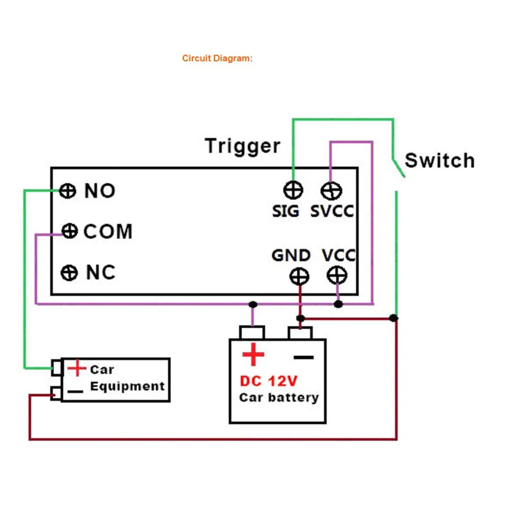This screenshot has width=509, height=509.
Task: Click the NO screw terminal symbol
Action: [67, 191]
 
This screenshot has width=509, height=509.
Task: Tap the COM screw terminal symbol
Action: [69, 232]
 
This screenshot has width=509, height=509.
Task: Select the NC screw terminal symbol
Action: [69, 273]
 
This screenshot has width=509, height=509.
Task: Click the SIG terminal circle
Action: [293, 191]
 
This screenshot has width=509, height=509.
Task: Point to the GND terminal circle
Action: [299, 276]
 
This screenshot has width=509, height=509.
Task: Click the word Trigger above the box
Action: [242, 146]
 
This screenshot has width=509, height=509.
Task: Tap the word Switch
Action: [439, 161]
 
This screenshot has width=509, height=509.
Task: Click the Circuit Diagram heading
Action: [217, 59]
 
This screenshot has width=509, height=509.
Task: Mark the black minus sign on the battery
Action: [304, 357]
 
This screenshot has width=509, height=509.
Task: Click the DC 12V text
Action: [269, 381]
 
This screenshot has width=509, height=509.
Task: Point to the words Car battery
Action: [279, 398]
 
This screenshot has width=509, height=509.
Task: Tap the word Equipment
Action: [127, 386]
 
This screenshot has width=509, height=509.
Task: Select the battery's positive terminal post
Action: [252, 333]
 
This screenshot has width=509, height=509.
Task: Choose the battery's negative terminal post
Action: [301, 333]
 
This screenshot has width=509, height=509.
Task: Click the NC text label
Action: [101, 273]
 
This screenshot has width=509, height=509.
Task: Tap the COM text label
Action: [108, 232]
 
